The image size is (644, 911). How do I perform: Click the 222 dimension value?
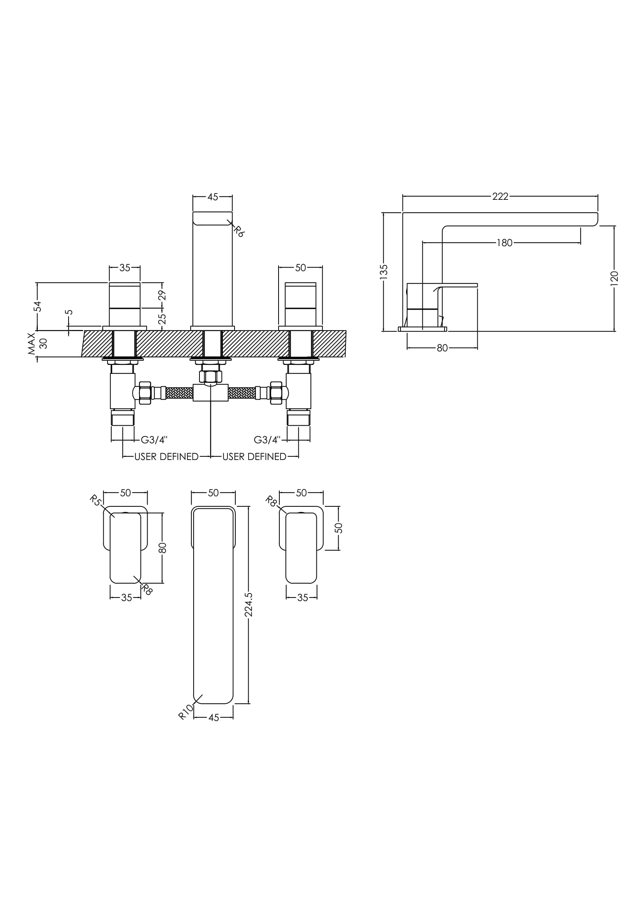pyautogui.click(x=500, y=196)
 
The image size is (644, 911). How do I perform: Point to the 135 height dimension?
pyautogui.click(x=384, y=272)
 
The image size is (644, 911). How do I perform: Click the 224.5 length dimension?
pyautogui.click(x=249, y=605)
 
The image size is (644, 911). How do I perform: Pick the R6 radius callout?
pyautogui.click(x=238, y=231)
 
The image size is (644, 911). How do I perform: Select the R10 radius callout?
pyautogui.click(x=186, y=712)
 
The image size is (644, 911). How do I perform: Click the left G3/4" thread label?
pyautogui.click(x=154, y=440)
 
